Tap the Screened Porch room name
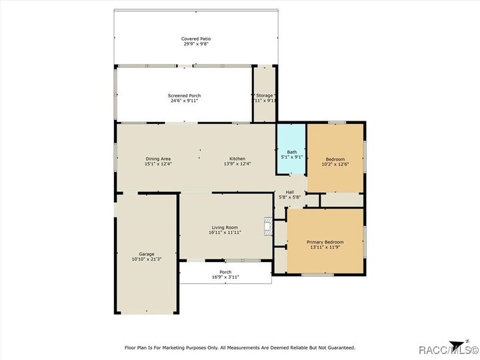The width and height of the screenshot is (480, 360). coord(184,95)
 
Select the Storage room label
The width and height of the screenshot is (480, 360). coord(265,95)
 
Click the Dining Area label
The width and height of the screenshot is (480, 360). coord(158,158)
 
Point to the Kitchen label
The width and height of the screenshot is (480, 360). coord(238,158)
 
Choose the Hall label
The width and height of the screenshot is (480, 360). coord(290,192)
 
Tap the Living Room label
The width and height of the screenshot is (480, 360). coord(224,227)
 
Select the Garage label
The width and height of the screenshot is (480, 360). coord(147,254)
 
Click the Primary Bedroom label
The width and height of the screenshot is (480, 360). coord(325,241)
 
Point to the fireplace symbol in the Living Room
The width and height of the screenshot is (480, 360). coord(268,227)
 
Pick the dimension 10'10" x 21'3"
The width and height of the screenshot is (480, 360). coord(147,259)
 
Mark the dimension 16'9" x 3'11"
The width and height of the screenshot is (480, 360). coord(225,277)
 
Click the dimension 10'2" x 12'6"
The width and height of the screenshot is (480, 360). coord(335,164)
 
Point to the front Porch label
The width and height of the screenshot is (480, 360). coord(225,272)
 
